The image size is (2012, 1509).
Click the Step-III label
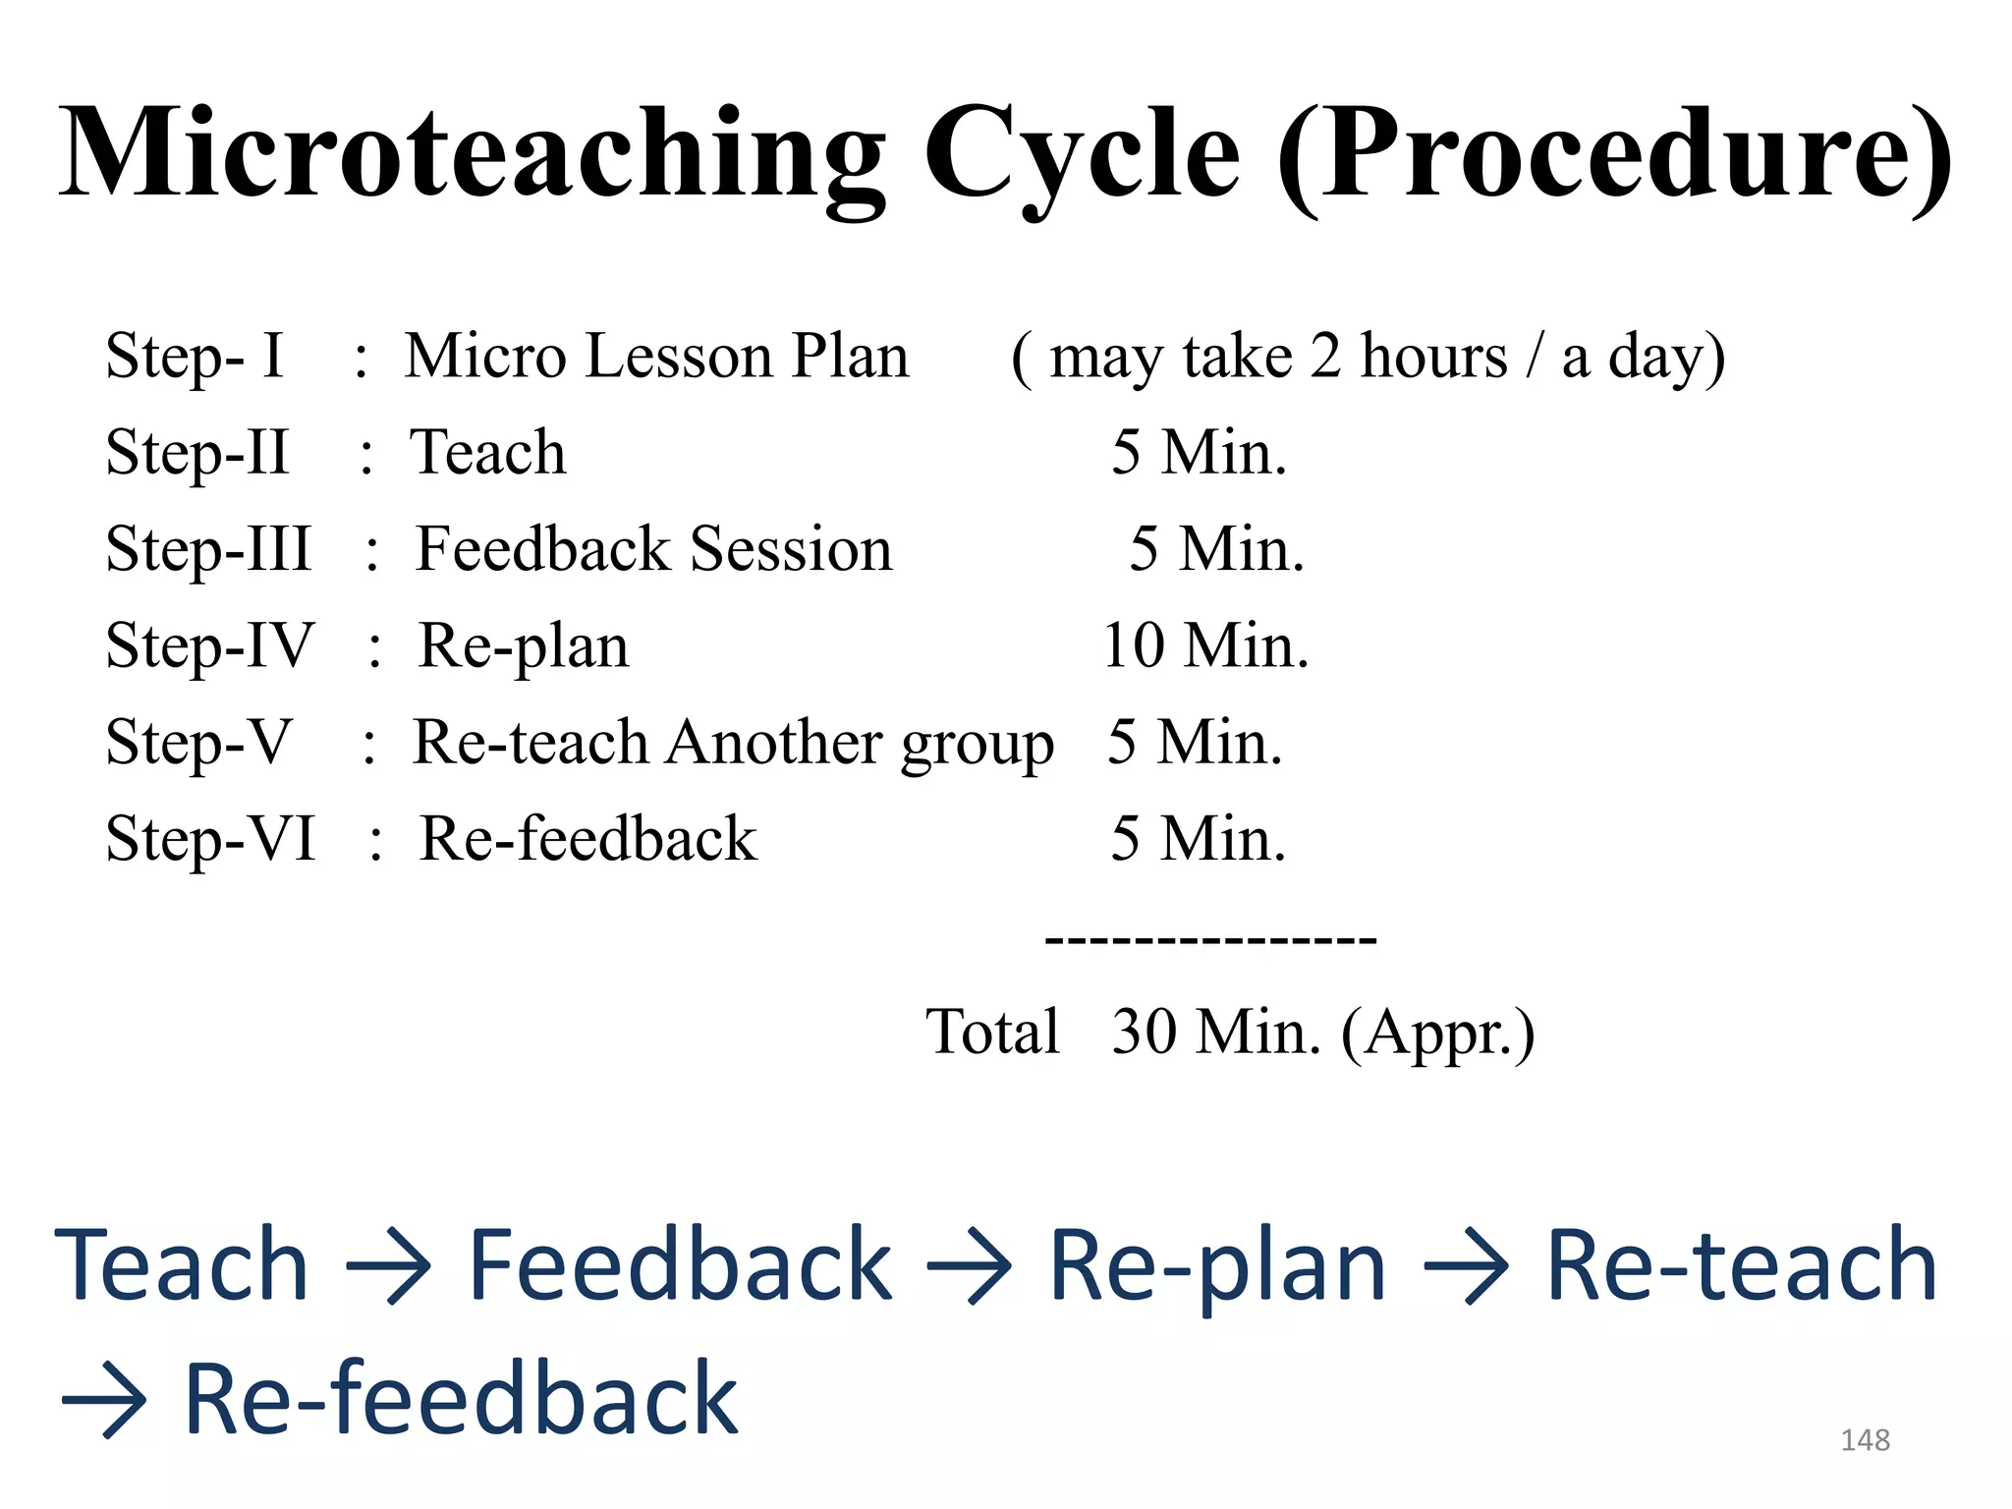pos(208,548)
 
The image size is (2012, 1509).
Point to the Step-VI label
pos(210,839)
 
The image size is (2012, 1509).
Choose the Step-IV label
pos(209,645)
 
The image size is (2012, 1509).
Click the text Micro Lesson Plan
pos(656,356)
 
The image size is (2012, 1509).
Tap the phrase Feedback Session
pos(654,548)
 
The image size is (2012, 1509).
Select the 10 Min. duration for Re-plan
pos(1205,645)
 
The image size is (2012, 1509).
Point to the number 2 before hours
pos(1325,356)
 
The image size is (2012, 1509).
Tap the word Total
pos(992,1032)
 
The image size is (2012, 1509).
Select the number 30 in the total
pos(1144,1032)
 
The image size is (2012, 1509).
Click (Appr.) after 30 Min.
pos(1437,1034)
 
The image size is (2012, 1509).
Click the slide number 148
pos(1865,1440)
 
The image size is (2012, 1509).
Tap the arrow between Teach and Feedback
pos(389,1267)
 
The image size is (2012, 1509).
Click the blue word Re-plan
pos(1218,1267)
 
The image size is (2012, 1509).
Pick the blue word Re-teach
pos(1741,1267)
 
